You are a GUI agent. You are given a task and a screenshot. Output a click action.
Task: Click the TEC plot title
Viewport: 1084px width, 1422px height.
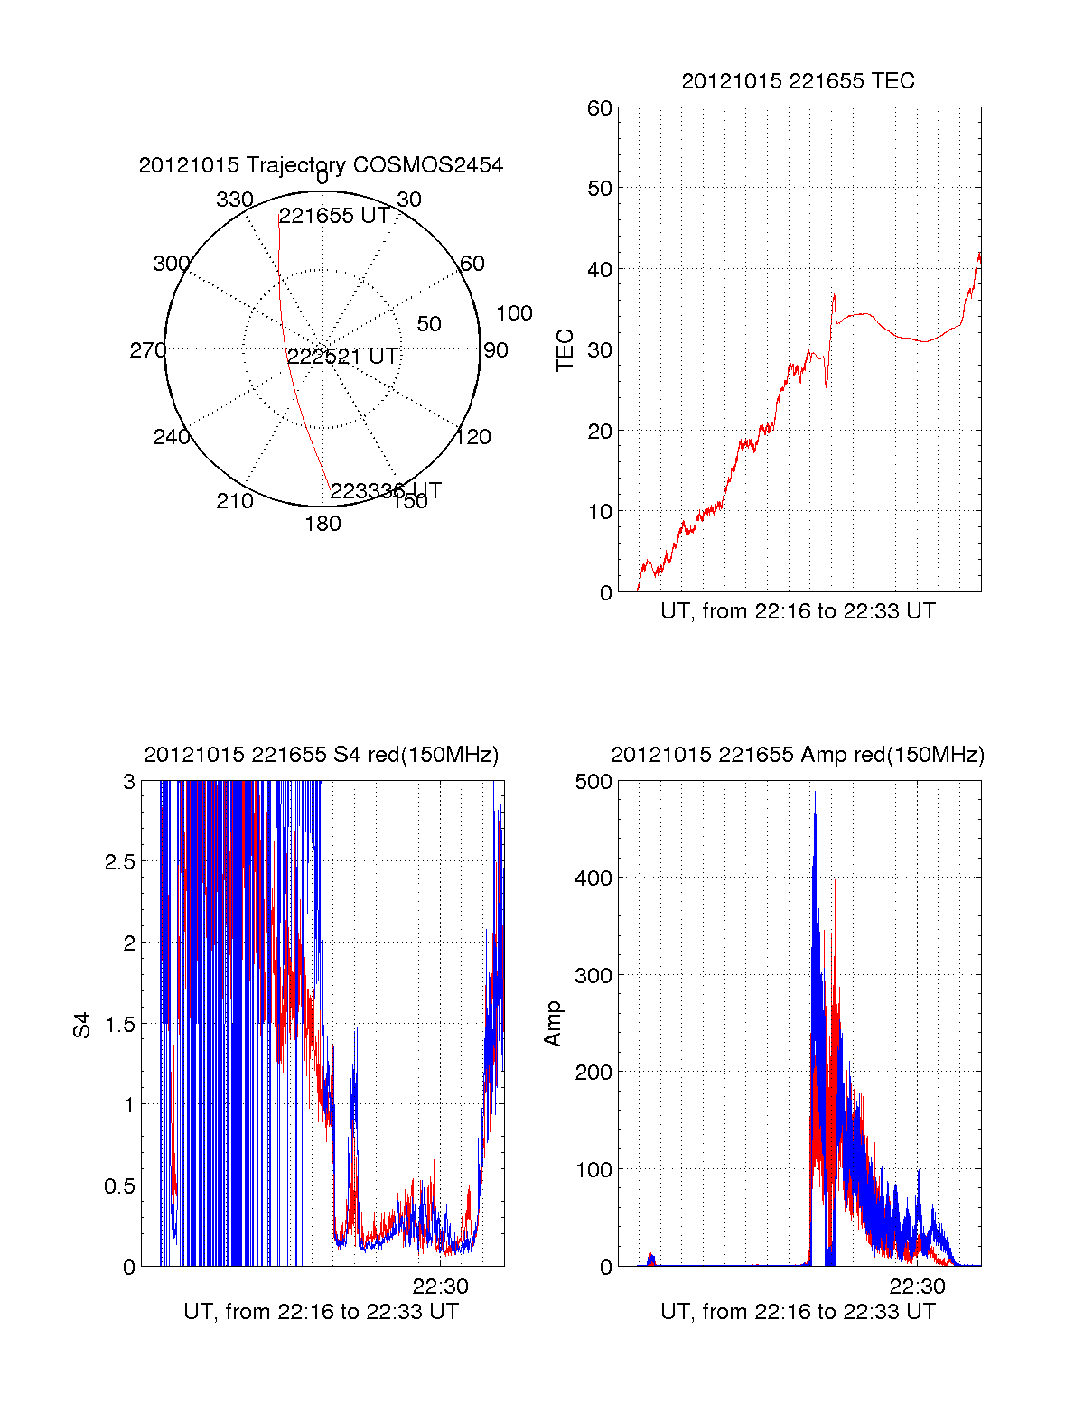(798, 81)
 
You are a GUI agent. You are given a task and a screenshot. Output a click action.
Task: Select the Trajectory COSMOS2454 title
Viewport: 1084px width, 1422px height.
(321, 165)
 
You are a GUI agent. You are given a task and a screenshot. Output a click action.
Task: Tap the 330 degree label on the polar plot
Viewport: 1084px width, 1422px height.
(234, 200)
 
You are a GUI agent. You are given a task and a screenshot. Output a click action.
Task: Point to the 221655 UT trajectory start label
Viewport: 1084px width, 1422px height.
(334, 216)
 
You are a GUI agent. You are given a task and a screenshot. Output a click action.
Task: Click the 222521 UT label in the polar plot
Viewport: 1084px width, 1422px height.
(343, 357)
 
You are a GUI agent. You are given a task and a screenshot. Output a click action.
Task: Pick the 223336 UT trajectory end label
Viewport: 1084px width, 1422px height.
(386, 491)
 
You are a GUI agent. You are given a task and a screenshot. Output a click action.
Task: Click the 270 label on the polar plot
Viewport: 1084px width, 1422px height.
(147, 350)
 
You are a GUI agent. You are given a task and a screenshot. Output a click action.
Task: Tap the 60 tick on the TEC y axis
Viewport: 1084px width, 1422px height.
(600, 109)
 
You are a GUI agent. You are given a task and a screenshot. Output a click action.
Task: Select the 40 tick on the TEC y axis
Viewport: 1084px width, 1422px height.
(600, 270)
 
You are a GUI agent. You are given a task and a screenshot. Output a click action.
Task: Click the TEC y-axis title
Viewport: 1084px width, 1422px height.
(565, 350)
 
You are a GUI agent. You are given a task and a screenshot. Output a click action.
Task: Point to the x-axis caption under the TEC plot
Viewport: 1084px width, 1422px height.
(798, 611)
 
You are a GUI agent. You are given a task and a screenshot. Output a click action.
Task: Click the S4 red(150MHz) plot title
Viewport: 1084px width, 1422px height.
(321, 755)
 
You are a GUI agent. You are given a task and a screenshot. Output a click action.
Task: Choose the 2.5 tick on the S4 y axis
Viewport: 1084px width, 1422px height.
(120, 862)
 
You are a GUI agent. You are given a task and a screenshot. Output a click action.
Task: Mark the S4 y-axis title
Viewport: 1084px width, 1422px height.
(82, 1025)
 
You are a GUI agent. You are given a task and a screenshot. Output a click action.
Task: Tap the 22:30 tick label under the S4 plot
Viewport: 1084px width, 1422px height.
(441, 1287)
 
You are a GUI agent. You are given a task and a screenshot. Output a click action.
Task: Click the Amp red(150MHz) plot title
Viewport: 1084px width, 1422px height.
(798, 755)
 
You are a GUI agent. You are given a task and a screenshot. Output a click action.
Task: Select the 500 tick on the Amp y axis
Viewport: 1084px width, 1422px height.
(594, 782)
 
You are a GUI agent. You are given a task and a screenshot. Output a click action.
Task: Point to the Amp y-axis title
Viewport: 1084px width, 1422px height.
(553, 1024)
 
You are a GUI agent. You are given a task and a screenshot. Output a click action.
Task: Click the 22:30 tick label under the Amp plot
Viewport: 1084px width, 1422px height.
(918, 1287)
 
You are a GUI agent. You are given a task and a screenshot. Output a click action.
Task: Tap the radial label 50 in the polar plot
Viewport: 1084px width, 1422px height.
(429, 324)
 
